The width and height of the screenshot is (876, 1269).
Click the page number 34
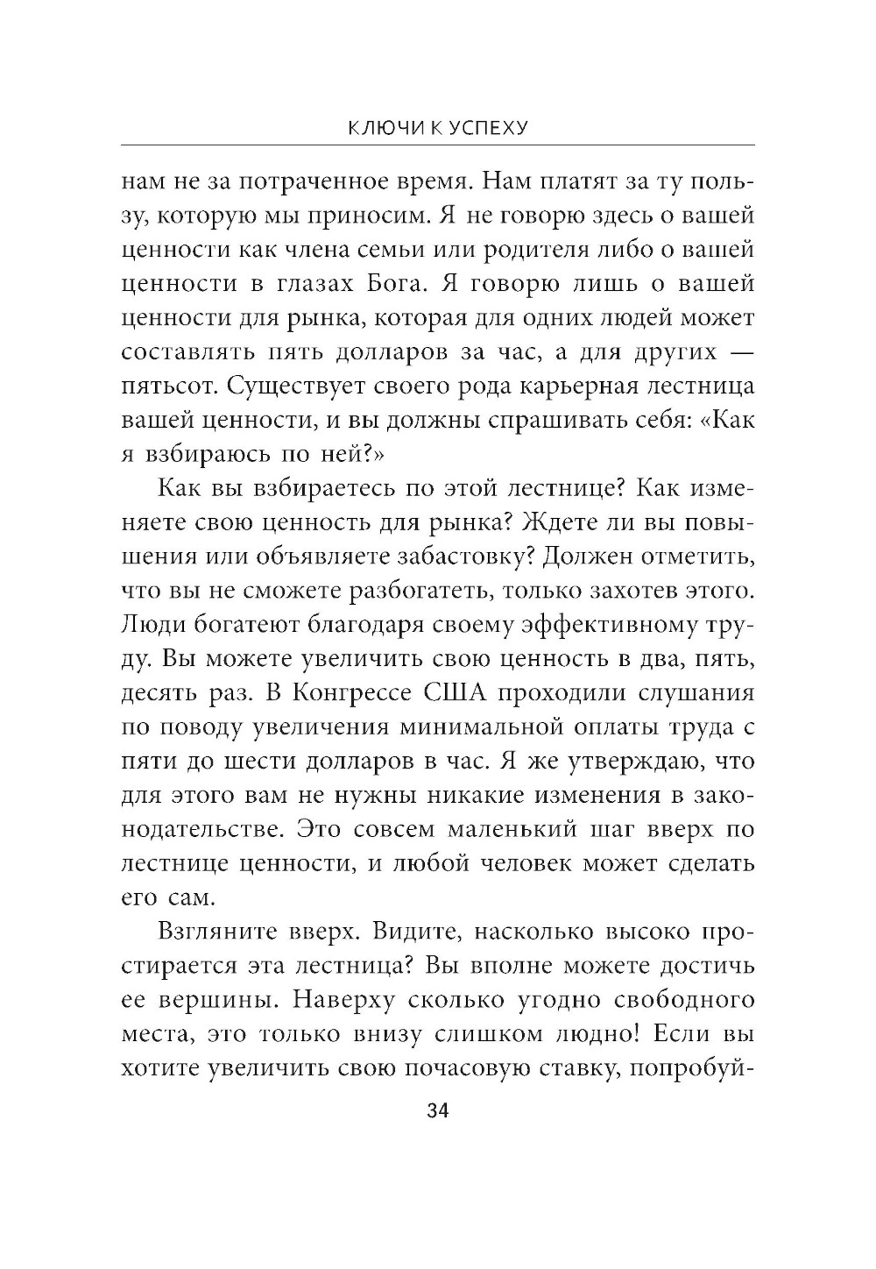click(437, 1111)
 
